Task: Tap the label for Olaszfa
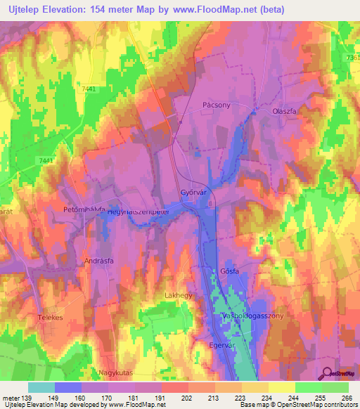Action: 286,111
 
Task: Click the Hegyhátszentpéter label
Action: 139,211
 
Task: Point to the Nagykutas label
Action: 113,373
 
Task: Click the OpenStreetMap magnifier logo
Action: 328,372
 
